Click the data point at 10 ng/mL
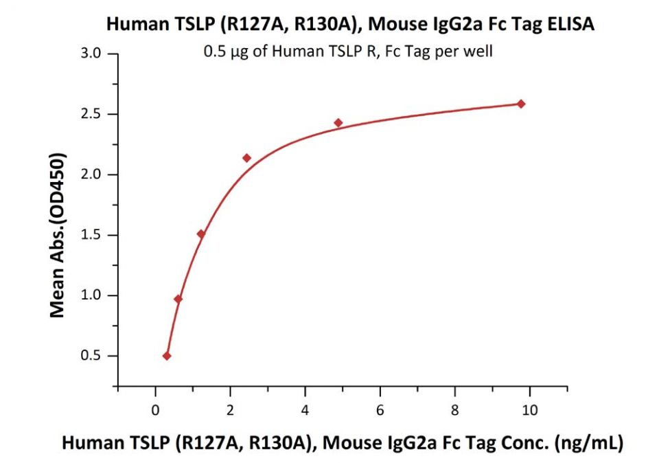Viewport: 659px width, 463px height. pos(521,104)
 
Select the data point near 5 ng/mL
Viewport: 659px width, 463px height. pos(338,123)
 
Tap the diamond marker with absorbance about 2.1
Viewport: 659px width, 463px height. pos(247,158)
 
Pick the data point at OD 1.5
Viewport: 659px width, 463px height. pos(201,234)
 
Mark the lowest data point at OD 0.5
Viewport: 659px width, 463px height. pos(167,356)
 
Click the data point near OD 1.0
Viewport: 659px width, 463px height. pos(178,299)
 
